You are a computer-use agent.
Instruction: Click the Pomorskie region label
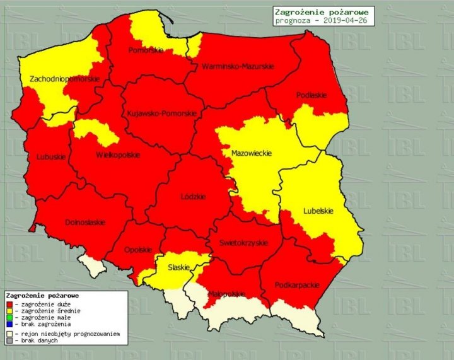pos(146,50)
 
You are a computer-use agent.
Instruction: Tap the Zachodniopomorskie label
pos(64,79)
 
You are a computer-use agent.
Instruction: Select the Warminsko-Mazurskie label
pos(237,66)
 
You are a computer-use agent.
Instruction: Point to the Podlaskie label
pos(311,95)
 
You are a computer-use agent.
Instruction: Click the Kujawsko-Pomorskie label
pos(161,113)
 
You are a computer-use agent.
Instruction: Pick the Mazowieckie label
pos(251,153)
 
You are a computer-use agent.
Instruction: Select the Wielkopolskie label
pos(118,155)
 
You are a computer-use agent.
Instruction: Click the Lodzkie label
pos(193,197)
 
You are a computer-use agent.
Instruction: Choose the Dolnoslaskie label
pos(84,223)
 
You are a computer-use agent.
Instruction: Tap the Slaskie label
pos(178,267)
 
